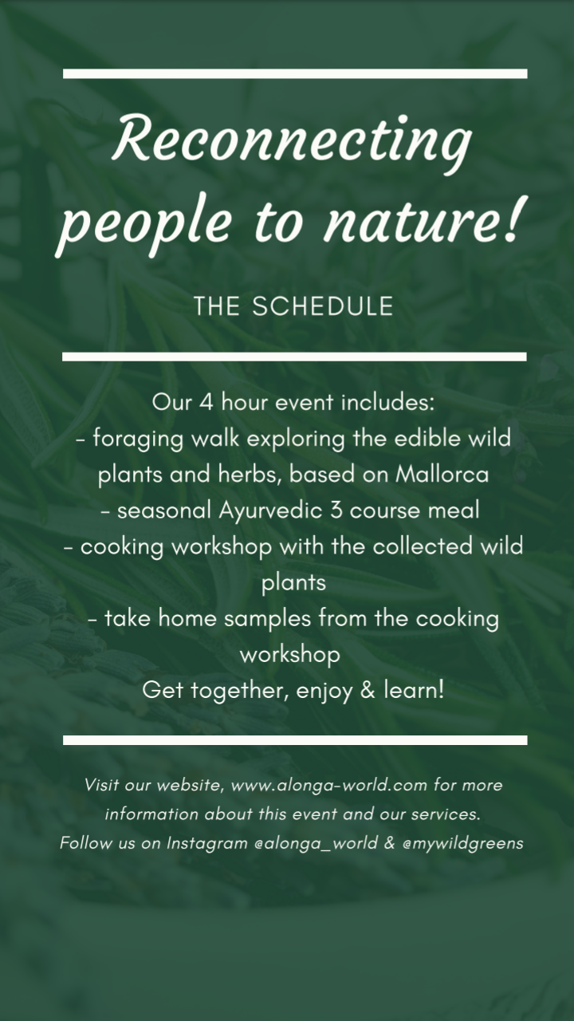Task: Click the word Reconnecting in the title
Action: [x=292, y=141]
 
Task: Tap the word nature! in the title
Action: [x=422, y=220]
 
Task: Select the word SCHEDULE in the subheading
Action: [x=323, y=306]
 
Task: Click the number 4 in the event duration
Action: [x=206, y=403]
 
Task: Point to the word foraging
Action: [x=138, y=440]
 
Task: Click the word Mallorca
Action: [x=442, y=475]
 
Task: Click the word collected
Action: [x=423, y=546]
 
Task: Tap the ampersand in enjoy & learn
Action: [x=368, y=690]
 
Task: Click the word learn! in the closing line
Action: [x=414, y=690]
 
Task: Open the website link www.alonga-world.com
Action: [x=329, y=786]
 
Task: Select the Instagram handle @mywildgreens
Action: [x=463, y=844]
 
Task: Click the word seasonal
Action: [x=164, y=511]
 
